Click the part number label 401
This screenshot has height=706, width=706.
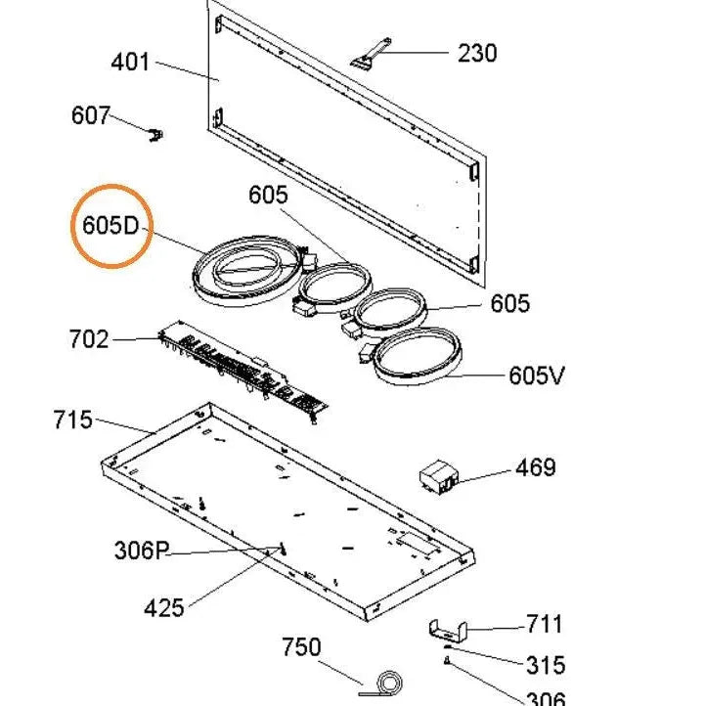click(x=131, y=63)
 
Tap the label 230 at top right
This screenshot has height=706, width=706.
click(x=477, y=53)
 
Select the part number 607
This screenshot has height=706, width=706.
click(x=91, y=115)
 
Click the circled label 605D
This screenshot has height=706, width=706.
click(x=111, y=225)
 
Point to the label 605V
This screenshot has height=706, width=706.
click(x=537, y=375)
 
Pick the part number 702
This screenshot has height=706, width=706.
click(x=89, y=339)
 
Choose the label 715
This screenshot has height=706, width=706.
click(x=73, y=420)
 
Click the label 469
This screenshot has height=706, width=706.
click(x=536, y=467)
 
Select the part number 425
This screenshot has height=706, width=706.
click(x=163, y=608)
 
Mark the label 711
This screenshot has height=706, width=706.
click(x=544, y=624)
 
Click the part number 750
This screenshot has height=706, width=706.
click(x=301, y=647)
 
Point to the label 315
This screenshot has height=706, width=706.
click(x=545, y=665)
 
